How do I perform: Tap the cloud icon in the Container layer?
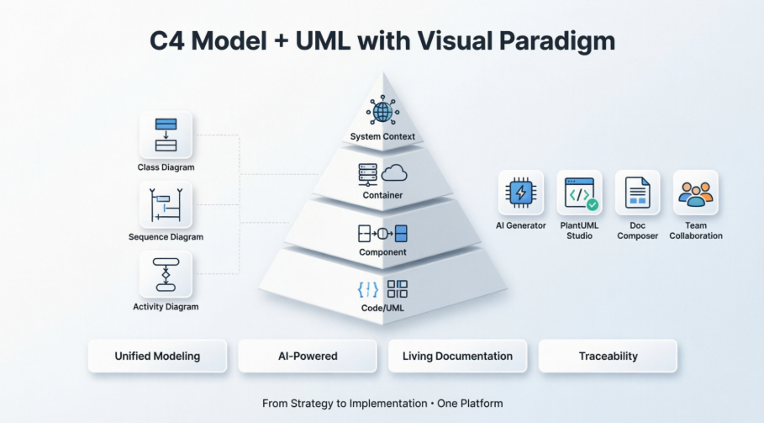[394, 174]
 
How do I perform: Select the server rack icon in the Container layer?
[367, 174]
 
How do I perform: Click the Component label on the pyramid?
[382, 252]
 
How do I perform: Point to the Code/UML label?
[382, 309]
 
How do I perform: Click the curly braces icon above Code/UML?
[367, 289]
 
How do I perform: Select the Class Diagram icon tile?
[166, 135]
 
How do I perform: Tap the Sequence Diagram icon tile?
[166, 204]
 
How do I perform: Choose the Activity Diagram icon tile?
[166, 274]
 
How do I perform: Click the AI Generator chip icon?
[520, 193]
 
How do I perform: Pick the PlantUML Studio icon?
[579, 193]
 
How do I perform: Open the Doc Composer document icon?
[637, 193]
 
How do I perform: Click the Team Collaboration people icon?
[695, 193]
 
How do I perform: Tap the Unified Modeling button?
[157, 356]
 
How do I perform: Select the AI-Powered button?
[308, 356]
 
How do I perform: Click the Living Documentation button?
[457, 356]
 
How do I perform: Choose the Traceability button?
[608, 356]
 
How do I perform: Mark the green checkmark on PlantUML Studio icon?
[593, 204]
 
